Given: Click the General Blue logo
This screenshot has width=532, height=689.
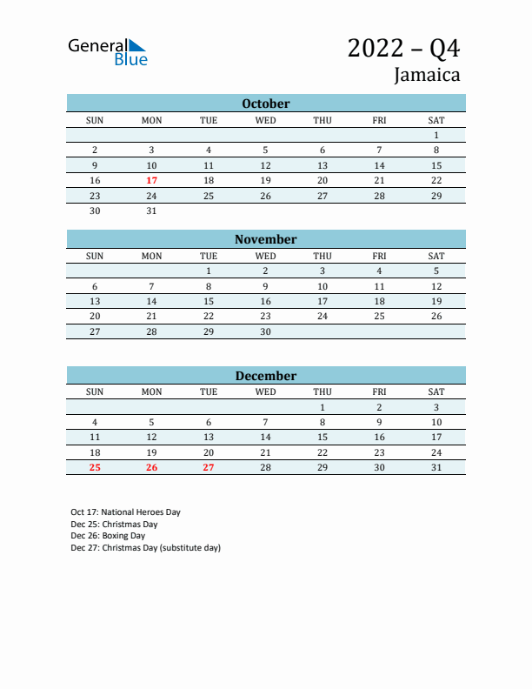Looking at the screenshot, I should click(x=108, y=51).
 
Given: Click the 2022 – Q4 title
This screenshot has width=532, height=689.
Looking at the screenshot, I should click(x=403, y=48).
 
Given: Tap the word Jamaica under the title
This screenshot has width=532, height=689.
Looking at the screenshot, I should click(x=427, y=75).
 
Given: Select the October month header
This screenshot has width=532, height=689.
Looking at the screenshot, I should click(x=265, y=104).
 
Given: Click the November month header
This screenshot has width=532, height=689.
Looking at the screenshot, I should click(x=265, y=239).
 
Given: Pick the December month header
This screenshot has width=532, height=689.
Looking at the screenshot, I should click(x=265, y=376).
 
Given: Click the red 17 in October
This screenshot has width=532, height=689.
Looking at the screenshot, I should click(x=151, y=180).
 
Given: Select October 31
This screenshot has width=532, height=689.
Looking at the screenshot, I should click(x=151, y=211).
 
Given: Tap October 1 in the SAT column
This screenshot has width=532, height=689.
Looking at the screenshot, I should click(x=436, y=135).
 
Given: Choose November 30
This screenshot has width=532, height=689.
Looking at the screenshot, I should click(x=265, y=331).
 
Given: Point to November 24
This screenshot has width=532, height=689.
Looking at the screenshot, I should click(x=323, y=316).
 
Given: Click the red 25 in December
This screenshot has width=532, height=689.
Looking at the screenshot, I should click(x=95, y=467).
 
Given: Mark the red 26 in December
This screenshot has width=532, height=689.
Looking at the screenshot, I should click(x=151, y=467).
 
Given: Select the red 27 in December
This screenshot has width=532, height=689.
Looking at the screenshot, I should click(x=209, y=467).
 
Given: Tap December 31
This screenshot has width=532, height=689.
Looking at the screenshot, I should click(x=436, y=467).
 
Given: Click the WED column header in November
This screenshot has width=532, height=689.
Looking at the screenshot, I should click(x=265, y=256).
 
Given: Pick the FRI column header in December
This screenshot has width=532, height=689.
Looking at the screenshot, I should click(x=379, y=391).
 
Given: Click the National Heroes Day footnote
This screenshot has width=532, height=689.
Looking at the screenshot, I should click(x=126, y=512).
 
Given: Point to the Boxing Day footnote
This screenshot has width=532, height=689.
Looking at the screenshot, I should click(x=108, y=536).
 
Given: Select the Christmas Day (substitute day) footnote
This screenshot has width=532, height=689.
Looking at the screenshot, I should click(x=146, y=548).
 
